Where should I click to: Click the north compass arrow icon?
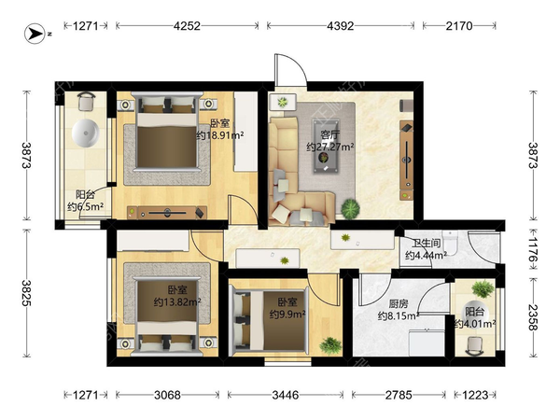click(35, 34)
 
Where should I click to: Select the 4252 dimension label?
click(187, 26)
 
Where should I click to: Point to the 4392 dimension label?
click(341, 26)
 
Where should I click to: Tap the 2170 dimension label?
click(459, 26)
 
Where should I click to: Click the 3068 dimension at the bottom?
click(167, 395)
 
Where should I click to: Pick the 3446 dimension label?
click(286, 395)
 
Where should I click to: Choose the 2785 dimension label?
click(399, 395)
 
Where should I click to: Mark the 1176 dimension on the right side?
click(533, 249)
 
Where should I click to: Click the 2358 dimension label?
click(533, 317)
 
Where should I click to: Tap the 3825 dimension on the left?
click(27, 293)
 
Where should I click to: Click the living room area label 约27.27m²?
click(330, 147)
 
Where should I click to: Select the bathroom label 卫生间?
click(427, 244)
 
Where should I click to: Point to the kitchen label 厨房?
click(399, 304)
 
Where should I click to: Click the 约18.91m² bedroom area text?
click(220, 135)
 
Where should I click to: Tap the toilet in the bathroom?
click(450, 242)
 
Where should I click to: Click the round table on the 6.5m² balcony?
click(85, 133)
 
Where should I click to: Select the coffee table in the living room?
click(325, 147)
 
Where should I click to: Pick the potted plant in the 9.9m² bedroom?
click(330, 345)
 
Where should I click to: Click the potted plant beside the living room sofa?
click(350, 208)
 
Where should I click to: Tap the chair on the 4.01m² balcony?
click(475, 346)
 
